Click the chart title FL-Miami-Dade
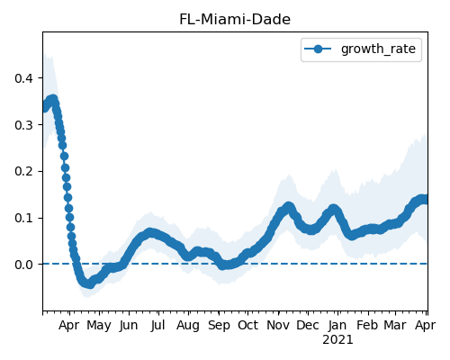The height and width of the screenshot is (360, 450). tap(235, 20)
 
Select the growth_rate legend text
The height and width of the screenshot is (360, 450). tap(378, 49)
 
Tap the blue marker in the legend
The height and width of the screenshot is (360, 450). tap(318, 49)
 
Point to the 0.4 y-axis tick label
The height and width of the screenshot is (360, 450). tap(23, 78)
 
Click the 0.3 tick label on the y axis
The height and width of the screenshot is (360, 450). tap(23, 125)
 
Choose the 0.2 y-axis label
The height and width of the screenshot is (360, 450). tap(23, 172)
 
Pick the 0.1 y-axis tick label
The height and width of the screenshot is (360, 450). tap(23, 218)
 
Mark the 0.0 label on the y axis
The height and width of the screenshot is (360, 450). tap(23, 265)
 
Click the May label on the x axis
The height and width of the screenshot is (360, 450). tap(99, 326)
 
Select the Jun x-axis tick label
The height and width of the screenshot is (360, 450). tap(129, 326)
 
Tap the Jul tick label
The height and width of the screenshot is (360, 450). tap(157, 325)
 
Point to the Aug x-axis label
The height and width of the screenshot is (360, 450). tap(188, 326)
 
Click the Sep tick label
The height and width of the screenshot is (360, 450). tap(219, 326)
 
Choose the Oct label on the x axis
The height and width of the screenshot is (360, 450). tap(247, 325)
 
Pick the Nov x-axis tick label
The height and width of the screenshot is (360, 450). tap(278, 325)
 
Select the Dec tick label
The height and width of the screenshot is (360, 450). tap(308, 325)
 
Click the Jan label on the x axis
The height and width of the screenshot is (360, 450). tap(337, 325)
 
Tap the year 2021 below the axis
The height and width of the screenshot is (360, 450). tap(337, 340)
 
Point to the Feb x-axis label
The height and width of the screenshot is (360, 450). tap(367, 325)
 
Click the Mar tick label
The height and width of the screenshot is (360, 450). tap(396, 325)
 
